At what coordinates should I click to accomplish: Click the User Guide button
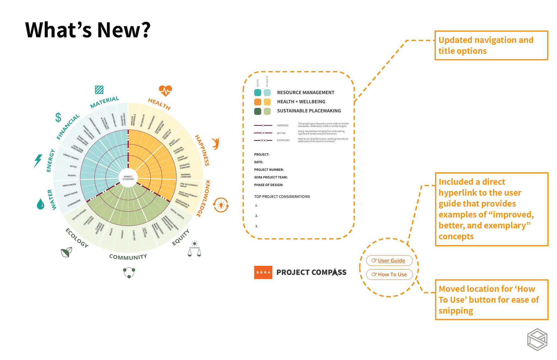tap(389, 261)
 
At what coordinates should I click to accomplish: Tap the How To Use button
tap(389, 274)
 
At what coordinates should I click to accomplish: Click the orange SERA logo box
tap(263, 272)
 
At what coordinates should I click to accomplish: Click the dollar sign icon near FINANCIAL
tap(58, 117)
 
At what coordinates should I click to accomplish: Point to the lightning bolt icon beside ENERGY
tap(38, 161)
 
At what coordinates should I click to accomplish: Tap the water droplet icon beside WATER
tap(41, 204)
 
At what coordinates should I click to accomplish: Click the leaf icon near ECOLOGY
tap(66, 252)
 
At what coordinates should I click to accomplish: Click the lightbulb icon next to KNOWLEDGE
tap(221, 205)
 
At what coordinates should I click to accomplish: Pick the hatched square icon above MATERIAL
tap(99, 90)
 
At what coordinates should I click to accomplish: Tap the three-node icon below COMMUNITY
tap(129, 272)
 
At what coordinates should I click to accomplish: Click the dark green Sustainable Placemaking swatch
tap(258, 111)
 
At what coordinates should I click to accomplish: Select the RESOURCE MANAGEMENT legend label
tap(305, 92)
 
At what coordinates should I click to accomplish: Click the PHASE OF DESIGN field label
tap(269, 185)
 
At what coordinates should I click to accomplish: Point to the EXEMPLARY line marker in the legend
tap(263, 140)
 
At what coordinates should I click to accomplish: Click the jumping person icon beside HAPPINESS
tap(216, 143)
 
